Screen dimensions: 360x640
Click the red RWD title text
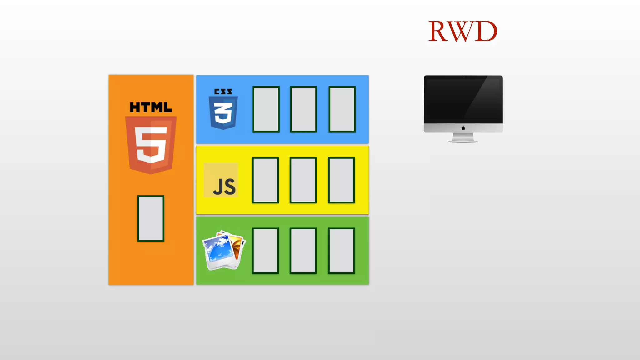[462, 31]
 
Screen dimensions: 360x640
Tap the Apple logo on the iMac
[463, 128]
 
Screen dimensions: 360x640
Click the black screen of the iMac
[463, 99]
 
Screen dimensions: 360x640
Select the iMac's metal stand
[463, 137]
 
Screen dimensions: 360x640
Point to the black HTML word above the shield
[151, 107]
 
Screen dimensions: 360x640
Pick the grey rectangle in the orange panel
[151, 218]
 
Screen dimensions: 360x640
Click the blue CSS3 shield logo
[223, 112]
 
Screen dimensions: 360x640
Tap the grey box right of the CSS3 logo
[266, 109]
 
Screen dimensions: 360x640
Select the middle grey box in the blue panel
[303, 109]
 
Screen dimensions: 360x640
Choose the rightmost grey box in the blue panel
[342, 109]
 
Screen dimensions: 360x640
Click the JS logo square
[221, 180]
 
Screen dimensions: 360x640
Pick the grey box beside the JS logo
[265, 180]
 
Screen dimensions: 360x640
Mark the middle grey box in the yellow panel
[303, 180]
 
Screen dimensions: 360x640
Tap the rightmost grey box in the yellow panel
[341, 180]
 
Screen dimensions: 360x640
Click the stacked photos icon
[223, 251]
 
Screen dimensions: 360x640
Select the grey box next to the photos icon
[265, 251]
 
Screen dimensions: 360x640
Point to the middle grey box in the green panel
[303, 251]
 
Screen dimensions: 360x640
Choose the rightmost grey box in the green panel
[341, 251]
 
